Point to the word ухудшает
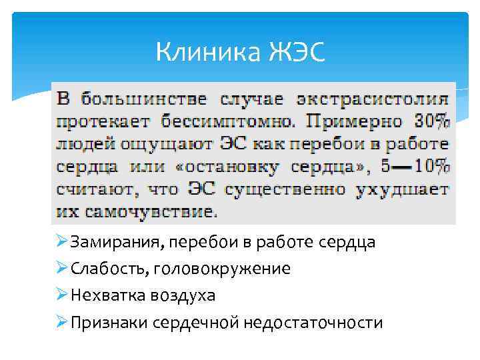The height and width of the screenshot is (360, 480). point(403,189)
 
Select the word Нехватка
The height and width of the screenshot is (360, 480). point(103,295)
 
